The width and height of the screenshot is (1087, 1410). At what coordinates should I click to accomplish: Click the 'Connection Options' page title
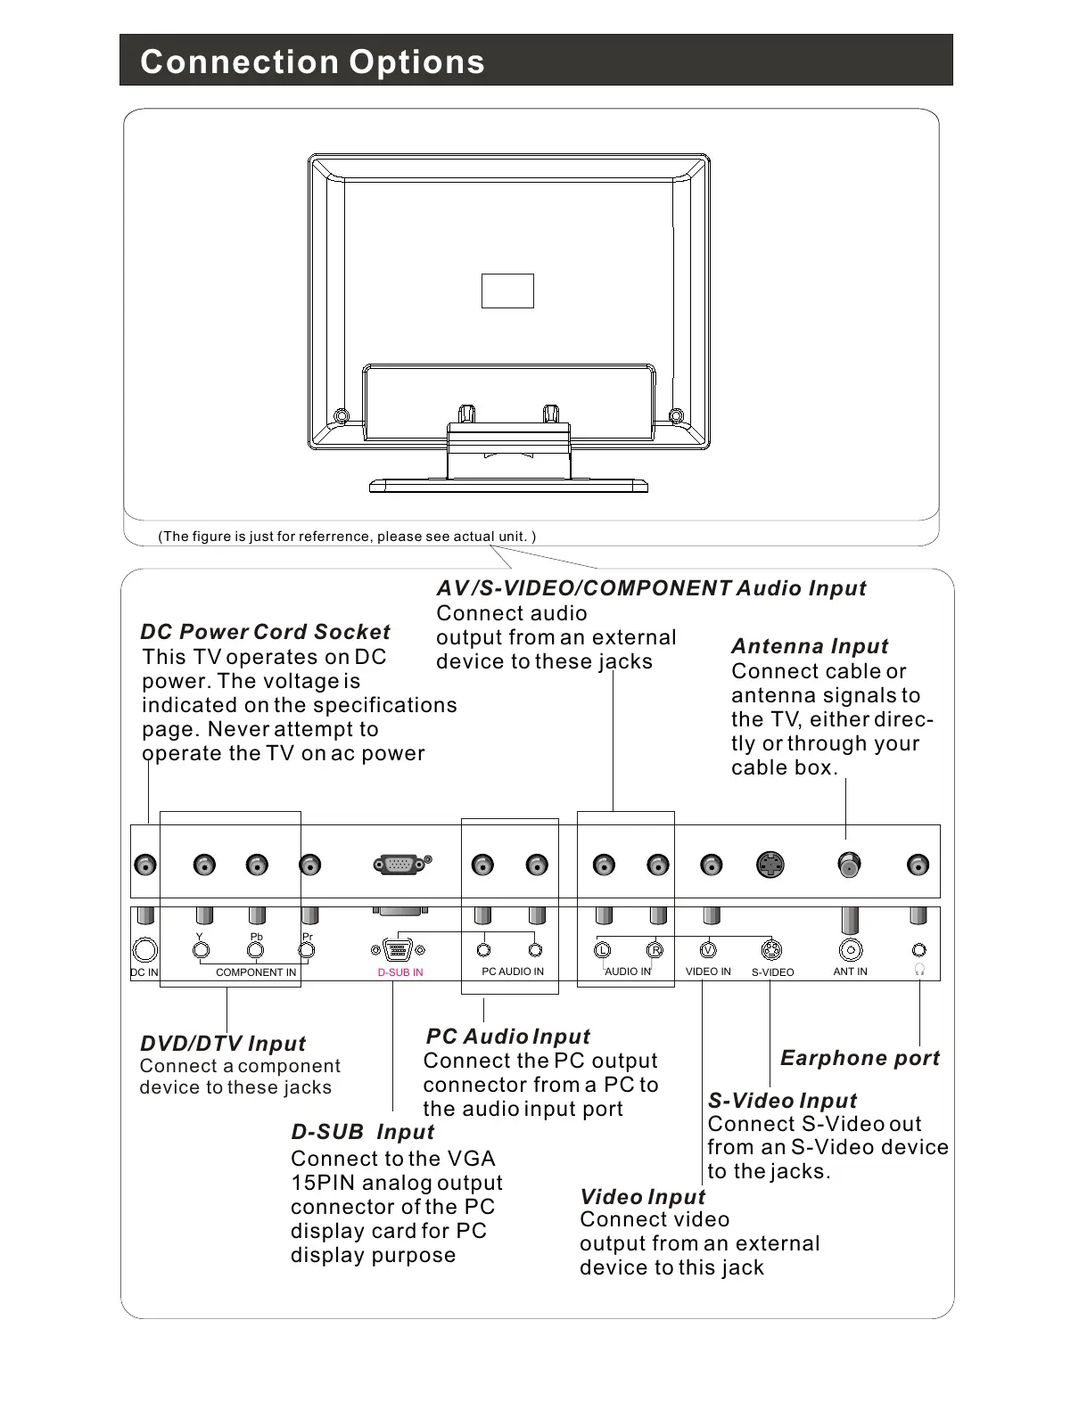[312, 61]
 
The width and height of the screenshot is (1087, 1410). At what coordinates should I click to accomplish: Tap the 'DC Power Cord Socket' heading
[265, 632]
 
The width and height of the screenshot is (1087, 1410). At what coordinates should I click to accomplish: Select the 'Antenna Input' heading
[810, 646]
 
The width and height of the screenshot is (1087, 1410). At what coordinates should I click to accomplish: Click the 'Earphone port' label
[860, 1058]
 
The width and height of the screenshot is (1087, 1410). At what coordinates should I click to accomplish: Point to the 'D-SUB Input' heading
[362, 1132]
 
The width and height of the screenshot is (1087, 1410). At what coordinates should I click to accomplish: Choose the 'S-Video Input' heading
[782, 1101]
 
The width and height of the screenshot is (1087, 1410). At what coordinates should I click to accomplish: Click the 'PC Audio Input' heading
[508, 1037]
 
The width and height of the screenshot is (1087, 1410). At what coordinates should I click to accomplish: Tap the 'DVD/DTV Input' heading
[223, 1044]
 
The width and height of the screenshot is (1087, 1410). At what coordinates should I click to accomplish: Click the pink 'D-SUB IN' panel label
[400, 972]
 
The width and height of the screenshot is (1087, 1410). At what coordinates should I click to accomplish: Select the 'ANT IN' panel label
[850, 971]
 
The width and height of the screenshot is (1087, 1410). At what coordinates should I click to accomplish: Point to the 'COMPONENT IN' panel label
[256, 972]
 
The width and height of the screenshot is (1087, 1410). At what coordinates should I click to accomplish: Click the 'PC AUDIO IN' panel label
[513, 971]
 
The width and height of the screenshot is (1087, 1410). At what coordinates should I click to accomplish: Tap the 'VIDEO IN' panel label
[708, 971]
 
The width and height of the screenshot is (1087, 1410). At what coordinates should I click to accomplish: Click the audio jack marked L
[603, 950]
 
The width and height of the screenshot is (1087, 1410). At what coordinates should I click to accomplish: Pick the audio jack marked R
[655, 950]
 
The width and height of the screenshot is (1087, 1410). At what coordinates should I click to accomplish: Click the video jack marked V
[708, 950]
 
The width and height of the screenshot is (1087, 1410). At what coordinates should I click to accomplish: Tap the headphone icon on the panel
[919, 970]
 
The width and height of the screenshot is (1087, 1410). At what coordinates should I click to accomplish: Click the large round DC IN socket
[144, 951]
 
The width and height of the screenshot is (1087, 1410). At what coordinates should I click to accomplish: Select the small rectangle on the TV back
[507, 291]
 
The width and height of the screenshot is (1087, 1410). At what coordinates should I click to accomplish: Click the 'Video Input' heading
[642, 1197]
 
